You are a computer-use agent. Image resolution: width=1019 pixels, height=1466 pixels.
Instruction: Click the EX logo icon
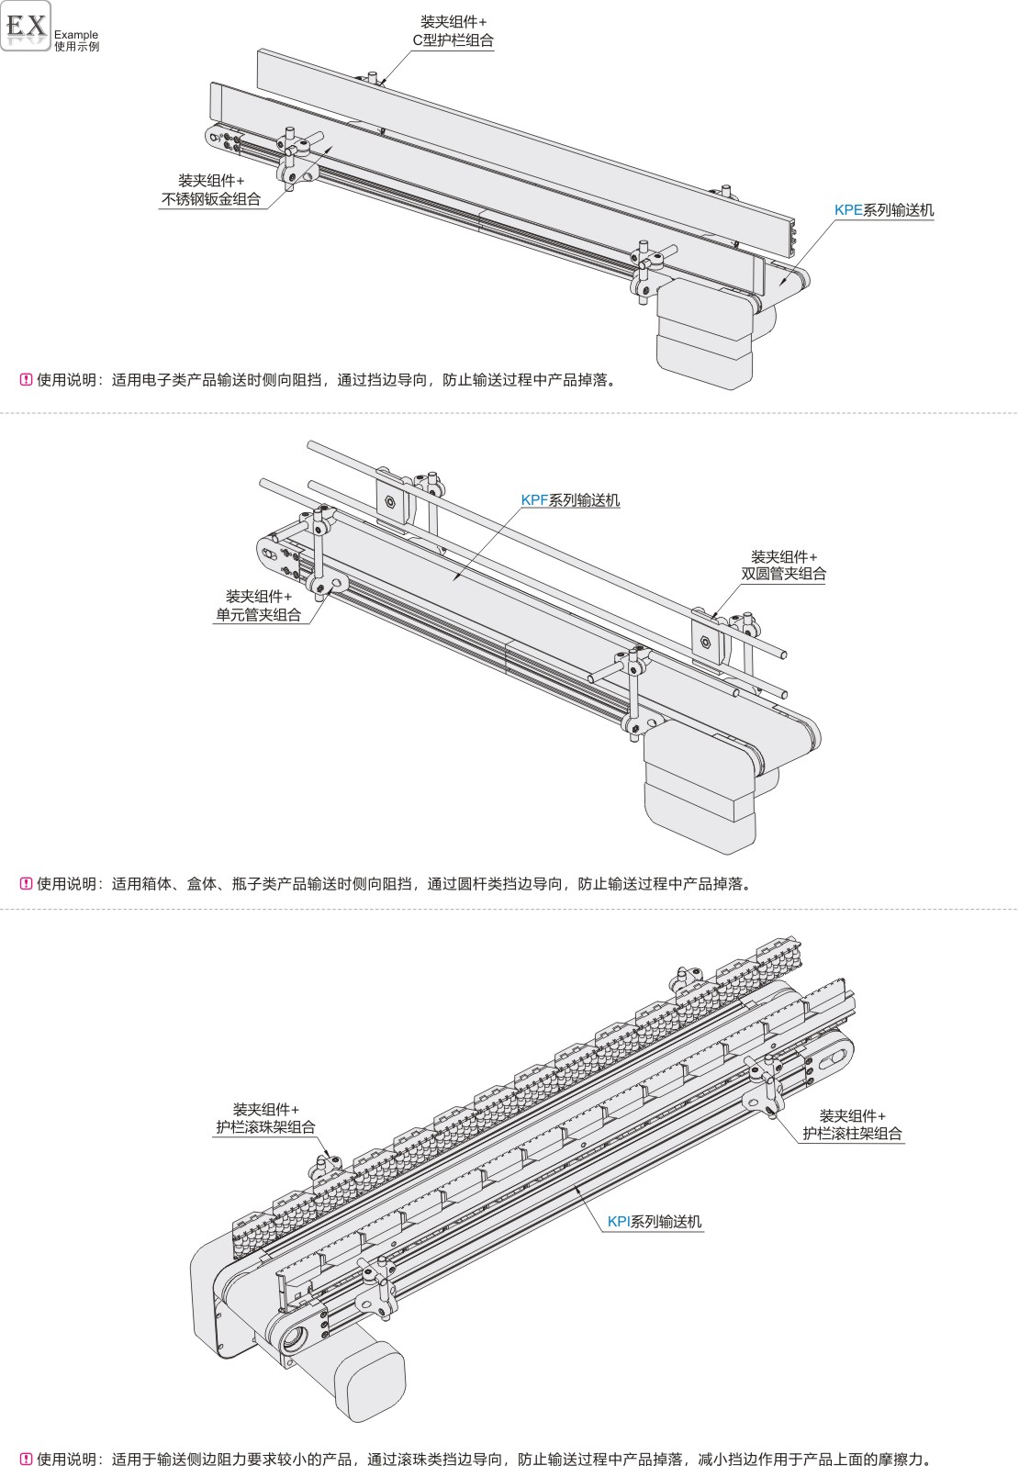26,27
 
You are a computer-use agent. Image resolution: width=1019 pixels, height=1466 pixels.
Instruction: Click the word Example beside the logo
76,35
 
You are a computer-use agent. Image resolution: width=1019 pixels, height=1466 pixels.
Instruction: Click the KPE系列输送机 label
883,210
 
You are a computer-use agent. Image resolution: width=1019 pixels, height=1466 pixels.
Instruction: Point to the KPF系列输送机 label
570,500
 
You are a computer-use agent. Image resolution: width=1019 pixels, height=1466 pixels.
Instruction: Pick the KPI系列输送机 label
655,1221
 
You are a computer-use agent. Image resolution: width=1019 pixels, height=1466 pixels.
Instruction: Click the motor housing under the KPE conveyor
704,334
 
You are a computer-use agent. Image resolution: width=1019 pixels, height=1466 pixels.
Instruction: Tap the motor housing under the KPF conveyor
700,792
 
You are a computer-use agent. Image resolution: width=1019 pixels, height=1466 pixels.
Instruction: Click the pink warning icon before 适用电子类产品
27,380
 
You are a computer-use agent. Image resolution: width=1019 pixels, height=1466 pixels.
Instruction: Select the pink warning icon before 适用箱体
27,883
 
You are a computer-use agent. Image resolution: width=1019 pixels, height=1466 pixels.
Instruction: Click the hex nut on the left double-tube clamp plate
390,503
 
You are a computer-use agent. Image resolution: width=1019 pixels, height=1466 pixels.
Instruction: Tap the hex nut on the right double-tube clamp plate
706,642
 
